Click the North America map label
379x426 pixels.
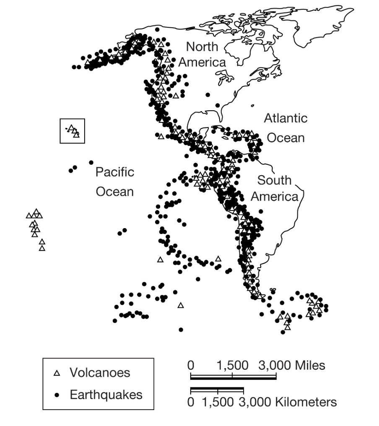[x=202, y=55]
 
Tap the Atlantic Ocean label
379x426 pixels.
[x=286, y=128]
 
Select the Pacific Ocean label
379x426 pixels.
[x=115, y=182]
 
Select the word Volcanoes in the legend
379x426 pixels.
[x=100, y=372]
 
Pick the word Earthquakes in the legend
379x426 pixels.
[x=106, y=395]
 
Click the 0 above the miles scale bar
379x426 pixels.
[x=191, y=365]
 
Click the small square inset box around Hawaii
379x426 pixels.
[x=73, y=131]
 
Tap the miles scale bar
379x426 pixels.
[x=233, y=377]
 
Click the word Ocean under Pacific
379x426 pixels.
[x=115, y=192]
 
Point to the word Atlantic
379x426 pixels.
[x=286, y=118]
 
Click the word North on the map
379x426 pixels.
[x=202, y=47]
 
